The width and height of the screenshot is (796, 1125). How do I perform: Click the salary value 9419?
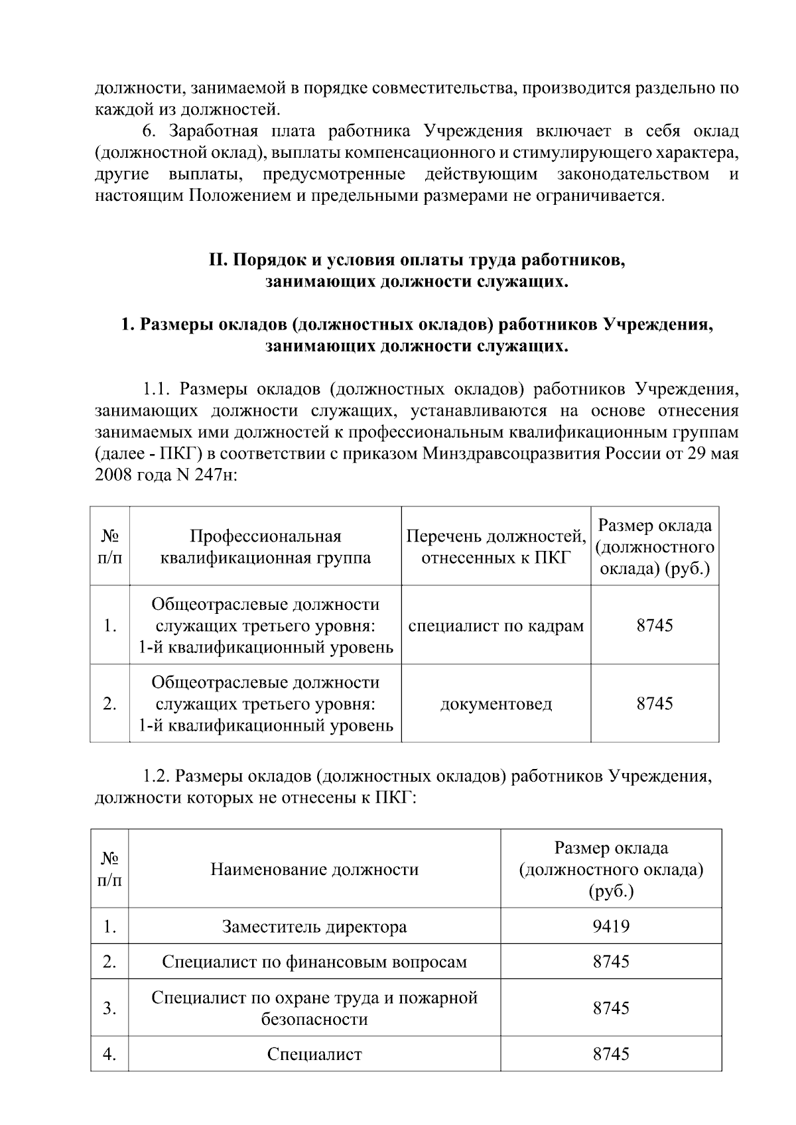(x=610, y=926)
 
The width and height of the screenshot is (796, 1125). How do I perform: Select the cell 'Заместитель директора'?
(x=314, y=926)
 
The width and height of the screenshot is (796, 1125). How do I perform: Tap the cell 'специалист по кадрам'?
(x=496, y=625)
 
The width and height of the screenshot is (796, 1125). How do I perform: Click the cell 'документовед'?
(x=496, y=703)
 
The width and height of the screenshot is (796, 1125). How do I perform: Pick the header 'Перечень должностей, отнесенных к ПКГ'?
(x=496, y=546)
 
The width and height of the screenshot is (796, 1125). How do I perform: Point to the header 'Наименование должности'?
(x=314, y=869)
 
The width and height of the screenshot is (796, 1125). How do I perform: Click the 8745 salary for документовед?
(x=654, y=703)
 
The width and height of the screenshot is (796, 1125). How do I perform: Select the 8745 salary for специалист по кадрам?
(x=654, y=625)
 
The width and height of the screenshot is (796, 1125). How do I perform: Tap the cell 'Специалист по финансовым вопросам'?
(x=314, y=961)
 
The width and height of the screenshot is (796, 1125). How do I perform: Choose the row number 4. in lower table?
(x=109, y=1053)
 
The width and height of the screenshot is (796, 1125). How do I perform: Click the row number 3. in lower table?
(x=109, y=1008)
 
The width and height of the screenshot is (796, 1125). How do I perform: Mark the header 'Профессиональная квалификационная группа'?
(x=265, y=546)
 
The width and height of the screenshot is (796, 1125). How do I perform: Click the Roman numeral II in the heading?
(x=218, y=261)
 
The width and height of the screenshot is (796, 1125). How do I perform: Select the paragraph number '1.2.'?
(x=157, y=776)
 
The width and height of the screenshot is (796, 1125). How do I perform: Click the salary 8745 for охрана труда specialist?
(x=610, y=1008)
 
